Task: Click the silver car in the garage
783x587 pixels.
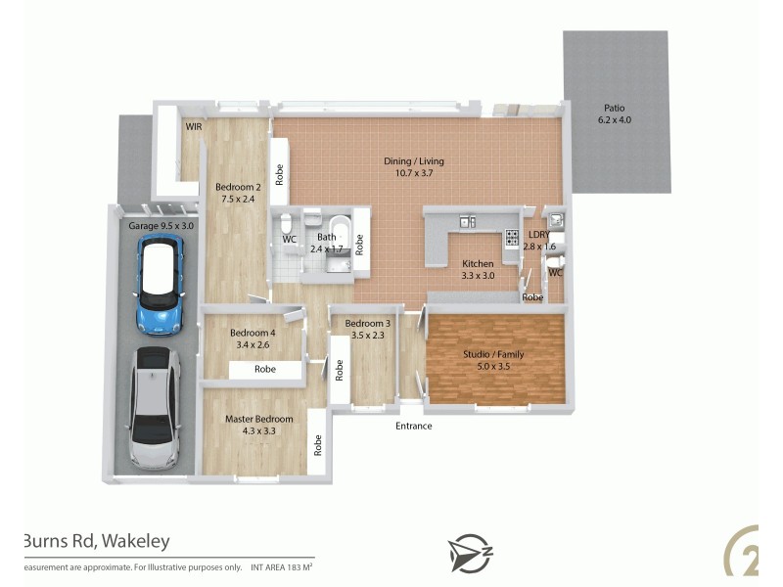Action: pos(154,408)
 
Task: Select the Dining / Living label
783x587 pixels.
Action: pos(414,166)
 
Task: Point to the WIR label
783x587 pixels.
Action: pos(194,126)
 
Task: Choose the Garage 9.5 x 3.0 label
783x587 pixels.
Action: pos(161,225)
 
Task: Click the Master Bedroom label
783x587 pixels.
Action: pos(259,425)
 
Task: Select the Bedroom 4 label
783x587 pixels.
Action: pos(253,338)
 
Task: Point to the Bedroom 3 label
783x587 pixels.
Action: pos(367,330)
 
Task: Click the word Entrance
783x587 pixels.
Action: pos(413,426)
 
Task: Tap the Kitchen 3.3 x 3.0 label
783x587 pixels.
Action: pos(478,269)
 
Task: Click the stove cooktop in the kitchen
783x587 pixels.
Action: pos(511,236)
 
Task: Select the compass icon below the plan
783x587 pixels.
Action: pos(470,553)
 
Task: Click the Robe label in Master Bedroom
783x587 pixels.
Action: pos(318,445)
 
